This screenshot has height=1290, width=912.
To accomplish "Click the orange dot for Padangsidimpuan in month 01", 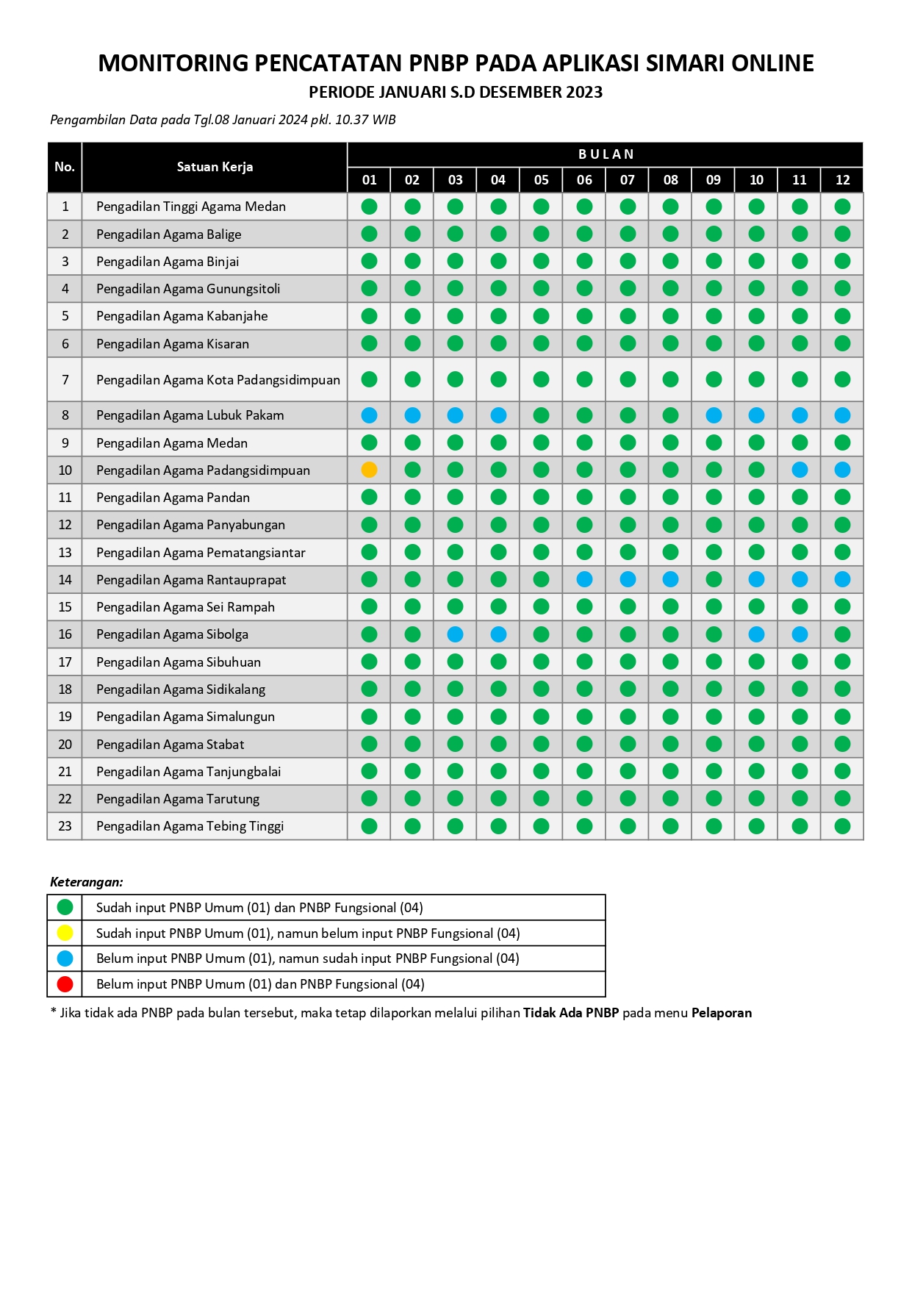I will coord(369,470).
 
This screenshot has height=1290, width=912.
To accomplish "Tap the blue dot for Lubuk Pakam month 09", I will coord(714,415).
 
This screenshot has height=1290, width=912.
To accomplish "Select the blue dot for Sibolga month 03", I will coord(456,634).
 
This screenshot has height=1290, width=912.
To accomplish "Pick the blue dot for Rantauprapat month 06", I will coord(584,579).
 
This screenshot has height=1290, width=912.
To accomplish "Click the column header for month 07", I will coord(627,180).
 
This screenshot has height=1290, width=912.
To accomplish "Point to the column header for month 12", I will coord(842,180).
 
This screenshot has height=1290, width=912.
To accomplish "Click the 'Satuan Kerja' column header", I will coord(215,167).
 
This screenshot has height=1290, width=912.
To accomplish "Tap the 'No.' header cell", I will coord(65,167).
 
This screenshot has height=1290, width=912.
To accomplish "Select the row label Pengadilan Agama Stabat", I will coord(170,745).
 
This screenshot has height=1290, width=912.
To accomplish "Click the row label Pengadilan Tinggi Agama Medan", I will coord(190,207).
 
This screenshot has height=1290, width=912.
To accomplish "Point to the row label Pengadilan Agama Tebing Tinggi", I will coord(190,826).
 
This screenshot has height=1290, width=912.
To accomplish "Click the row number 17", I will coord(65,662).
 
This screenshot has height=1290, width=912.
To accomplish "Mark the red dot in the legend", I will coord(65,983).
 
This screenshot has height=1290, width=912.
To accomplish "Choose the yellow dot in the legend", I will coord(65,933).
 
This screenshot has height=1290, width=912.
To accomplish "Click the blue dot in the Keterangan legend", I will coord(65,958).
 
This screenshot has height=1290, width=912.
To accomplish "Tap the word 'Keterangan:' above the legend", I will coord(87,882).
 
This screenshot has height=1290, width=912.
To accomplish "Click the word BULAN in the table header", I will coord(606,154).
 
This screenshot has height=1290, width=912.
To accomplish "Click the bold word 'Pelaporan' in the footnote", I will coord(721,1013).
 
